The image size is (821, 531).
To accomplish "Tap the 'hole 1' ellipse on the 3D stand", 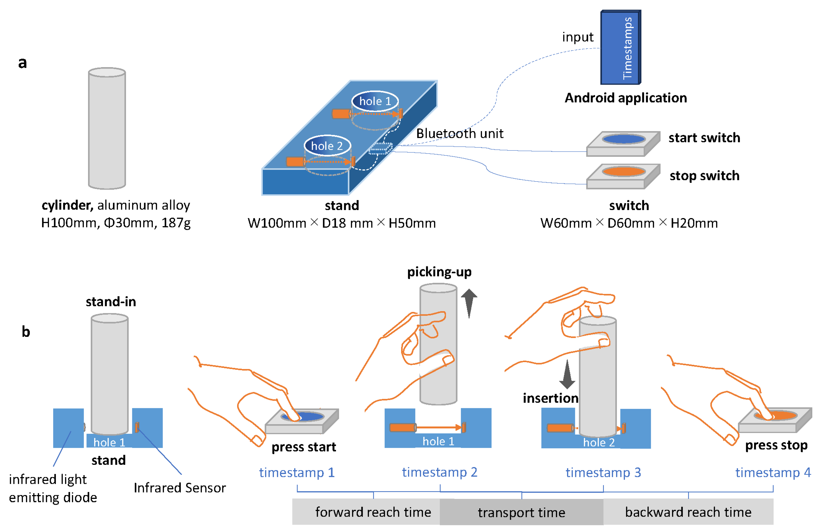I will (x=375, y=101).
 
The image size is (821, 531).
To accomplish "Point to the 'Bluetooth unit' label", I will (x=459, y=133).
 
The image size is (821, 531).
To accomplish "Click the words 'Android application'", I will (x=625, y=98).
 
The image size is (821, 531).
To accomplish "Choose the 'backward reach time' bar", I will (x=688, y=512).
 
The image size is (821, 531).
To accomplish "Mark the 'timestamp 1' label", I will (x=297, y=472).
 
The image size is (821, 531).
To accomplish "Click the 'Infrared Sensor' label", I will (x=179, y=488).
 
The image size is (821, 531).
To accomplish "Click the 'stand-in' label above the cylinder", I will (x=111, y=302).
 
